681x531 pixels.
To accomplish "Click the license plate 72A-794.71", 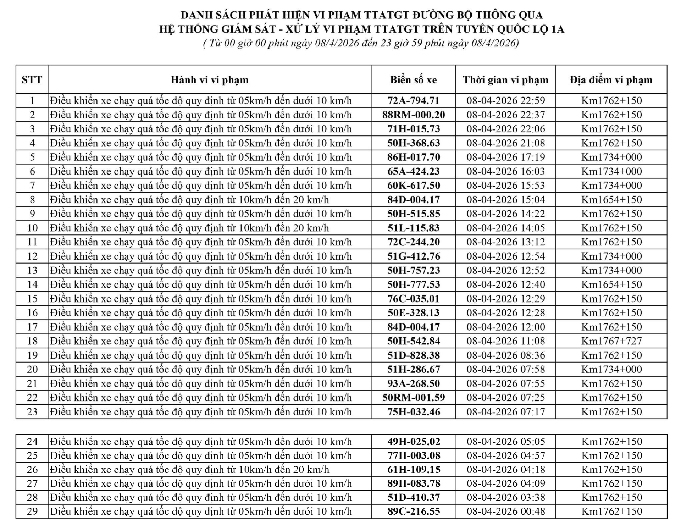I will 413,101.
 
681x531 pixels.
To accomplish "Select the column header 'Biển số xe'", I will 413,80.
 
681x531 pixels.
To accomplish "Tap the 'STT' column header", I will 32,80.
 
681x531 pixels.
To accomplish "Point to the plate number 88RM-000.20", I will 413,115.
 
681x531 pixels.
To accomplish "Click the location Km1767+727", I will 611,341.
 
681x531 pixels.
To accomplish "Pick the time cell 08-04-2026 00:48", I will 505,511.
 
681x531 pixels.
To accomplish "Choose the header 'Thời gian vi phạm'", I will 505,80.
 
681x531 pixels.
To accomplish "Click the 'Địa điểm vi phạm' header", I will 611,80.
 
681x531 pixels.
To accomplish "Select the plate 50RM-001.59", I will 413,398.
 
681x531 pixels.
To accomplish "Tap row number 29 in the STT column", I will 32,511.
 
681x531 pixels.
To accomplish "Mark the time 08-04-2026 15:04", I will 505,200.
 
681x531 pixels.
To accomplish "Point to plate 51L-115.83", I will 413,228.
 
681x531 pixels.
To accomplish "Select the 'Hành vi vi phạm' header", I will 209,80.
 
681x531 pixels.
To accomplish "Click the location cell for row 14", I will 611,284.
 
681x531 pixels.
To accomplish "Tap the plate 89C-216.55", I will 413,511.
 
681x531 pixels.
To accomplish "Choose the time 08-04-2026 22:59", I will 505,101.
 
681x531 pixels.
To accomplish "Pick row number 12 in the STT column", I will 32,256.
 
